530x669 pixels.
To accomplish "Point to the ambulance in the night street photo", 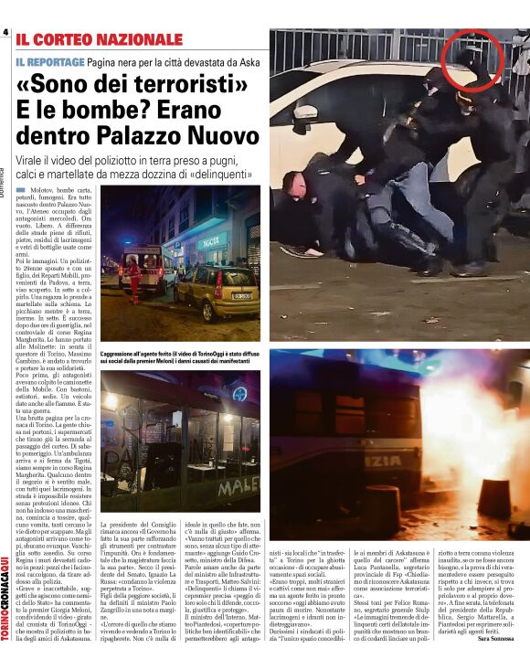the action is (x=146, y=265).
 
